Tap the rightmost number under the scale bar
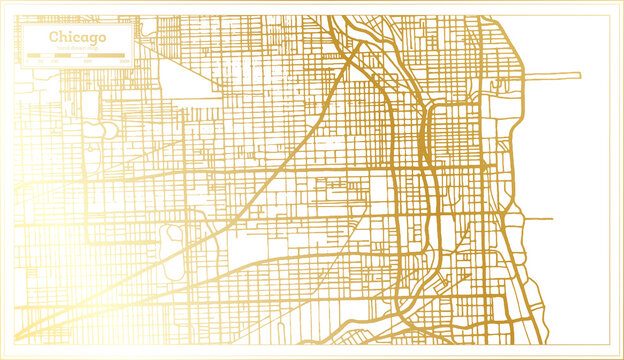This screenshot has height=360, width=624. click(x=125, y=62)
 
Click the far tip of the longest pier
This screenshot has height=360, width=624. click(x=579, y=75)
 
